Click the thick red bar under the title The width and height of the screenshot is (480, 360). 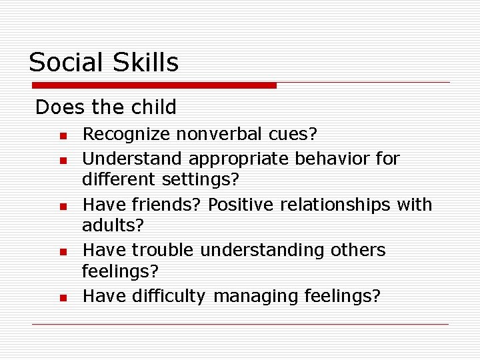(154, 85)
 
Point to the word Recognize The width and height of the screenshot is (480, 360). (126, 135)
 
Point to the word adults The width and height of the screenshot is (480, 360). (112, 225)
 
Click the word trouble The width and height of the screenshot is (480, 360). (163, 250)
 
